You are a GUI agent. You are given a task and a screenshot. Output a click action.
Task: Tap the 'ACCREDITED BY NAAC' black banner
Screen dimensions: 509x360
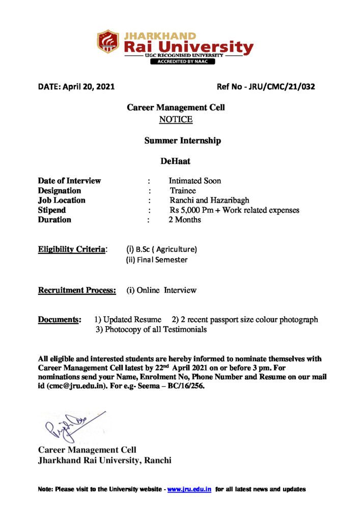[182, 62]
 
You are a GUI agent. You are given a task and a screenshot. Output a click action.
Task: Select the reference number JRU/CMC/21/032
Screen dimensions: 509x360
[282, 87]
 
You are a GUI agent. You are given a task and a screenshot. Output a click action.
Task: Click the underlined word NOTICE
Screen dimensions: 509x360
[176, 120]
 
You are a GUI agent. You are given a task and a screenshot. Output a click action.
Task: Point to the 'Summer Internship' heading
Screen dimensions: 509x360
[182, 140]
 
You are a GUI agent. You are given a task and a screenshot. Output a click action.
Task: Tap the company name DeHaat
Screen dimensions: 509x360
[175, 161]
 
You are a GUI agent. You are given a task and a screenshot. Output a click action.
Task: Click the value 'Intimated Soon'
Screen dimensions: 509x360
[195, 181]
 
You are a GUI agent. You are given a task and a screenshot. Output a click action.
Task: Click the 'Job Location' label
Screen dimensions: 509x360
[62, 200]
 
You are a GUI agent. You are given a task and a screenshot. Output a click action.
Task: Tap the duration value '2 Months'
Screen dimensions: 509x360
[185, 220]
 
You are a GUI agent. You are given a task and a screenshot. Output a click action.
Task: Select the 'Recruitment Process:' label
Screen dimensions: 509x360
[77, 290]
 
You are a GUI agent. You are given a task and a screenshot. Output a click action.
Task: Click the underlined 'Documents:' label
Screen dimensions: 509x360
[59, 320]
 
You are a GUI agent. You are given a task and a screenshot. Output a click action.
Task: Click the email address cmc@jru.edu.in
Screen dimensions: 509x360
[77, 386]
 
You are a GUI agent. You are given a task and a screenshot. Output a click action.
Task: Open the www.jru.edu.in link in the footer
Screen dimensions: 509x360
[189, 489]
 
